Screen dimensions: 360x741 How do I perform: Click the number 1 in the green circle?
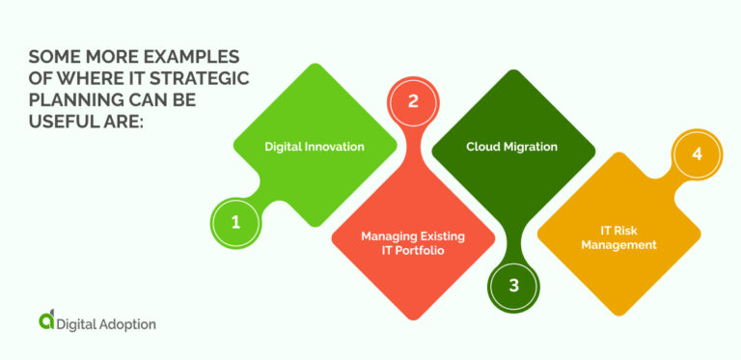234,221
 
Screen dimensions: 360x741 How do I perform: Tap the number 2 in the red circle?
412,100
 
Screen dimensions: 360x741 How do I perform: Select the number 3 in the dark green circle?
513,285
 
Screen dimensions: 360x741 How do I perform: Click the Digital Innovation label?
315,147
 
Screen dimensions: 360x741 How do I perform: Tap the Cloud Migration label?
511,147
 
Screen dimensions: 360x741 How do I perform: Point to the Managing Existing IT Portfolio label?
412,242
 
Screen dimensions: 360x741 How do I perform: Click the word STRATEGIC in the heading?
202,79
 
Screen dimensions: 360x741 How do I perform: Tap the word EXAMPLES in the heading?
197,56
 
